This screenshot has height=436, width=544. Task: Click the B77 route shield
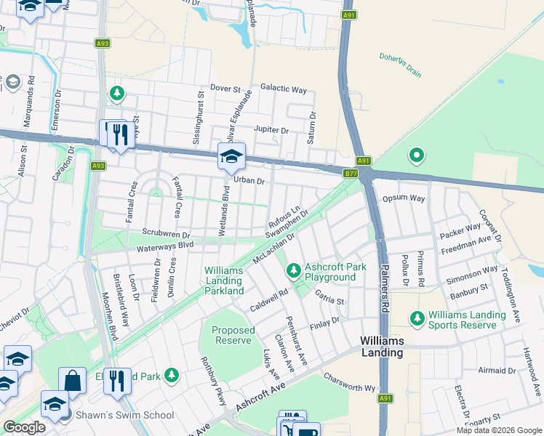tap(351, 173)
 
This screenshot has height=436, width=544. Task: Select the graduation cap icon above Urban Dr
tap(231, 156)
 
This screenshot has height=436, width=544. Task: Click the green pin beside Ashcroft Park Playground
tap(293, 271)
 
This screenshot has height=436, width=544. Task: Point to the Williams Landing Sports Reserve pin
tap(417, 318)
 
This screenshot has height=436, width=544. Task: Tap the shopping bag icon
tap(73, 380)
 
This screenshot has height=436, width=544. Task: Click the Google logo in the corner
tap(24, 427)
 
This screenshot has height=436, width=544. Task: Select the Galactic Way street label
tap(284, 89)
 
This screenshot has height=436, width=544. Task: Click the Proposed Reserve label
tap(233, 335)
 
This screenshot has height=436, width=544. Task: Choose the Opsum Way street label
tap(403, 198)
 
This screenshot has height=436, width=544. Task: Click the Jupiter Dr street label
tap(271, 129)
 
